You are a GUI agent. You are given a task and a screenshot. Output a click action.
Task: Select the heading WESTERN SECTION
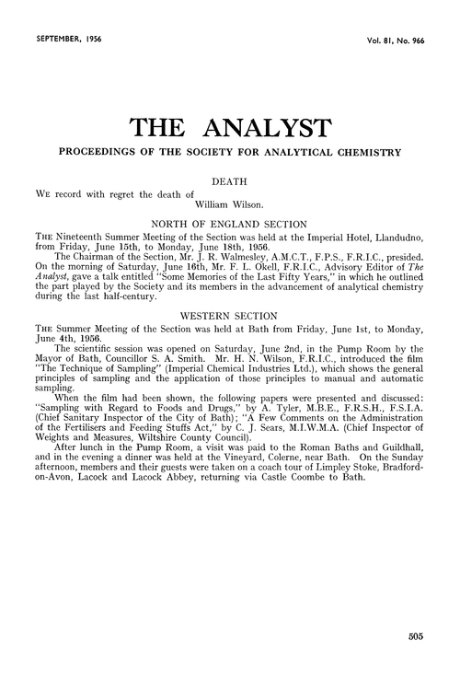click(x=230, y=314)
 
